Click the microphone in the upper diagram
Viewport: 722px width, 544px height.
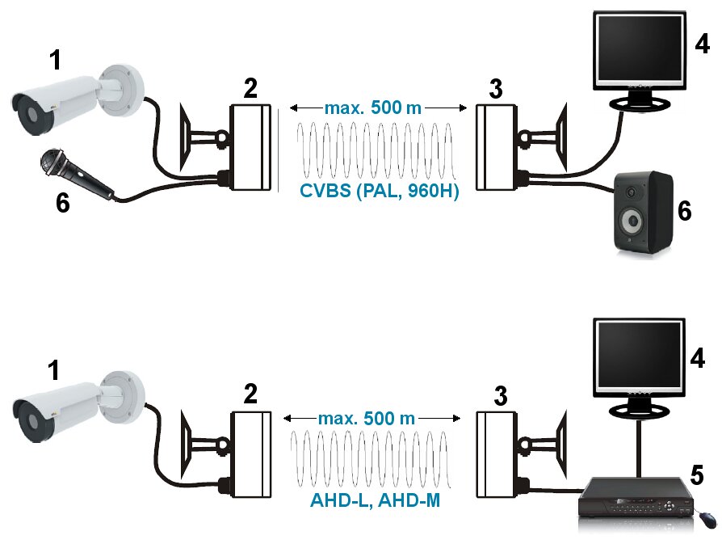76,174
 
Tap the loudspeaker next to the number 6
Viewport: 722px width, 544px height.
644,212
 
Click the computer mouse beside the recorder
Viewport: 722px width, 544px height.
707,519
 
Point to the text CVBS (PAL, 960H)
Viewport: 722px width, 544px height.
380,191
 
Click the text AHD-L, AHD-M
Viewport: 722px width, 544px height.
376,500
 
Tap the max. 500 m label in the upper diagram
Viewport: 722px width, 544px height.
373,108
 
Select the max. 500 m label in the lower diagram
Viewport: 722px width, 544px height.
367,419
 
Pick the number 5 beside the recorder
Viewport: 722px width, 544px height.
697,474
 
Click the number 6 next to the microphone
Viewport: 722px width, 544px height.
63,202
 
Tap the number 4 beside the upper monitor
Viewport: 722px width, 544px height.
702,44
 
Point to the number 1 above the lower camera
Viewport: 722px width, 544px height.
54,370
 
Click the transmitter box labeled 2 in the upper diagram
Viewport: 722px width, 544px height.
250,147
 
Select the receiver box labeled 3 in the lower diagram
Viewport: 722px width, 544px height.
496,454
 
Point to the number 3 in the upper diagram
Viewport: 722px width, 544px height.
496,89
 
